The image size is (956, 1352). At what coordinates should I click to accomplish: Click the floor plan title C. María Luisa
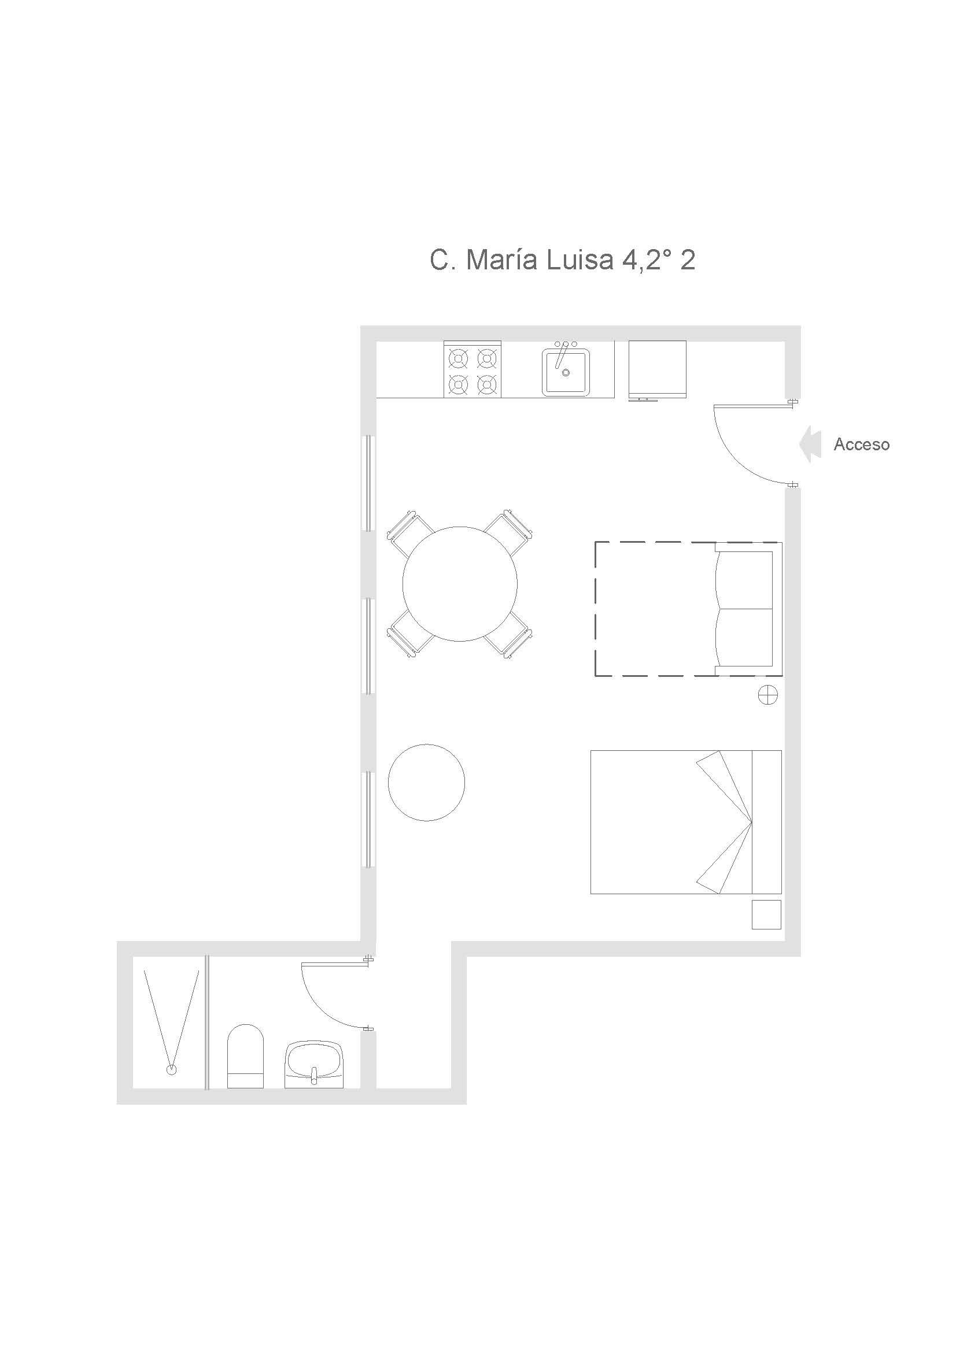[522, 260]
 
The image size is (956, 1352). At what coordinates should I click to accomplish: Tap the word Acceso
[861, 444]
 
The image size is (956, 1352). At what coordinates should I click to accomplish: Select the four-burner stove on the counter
[473, 369]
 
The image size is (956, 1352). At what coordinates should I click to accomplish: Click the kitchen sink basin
[566, 372]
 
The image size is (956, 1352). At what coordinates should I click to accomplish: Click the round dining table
[460, 584]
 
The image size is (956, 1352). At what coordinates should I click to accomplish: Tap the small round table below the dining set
[426, 783]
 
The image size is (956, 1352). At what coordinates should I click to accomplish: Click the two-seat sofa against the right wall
[747, 609]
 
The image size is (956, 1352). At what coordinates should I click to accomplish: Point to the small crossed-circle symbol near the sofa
[767, 695]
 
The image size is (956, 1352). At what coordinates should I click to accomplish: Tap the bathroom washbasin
[313, 1064]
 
